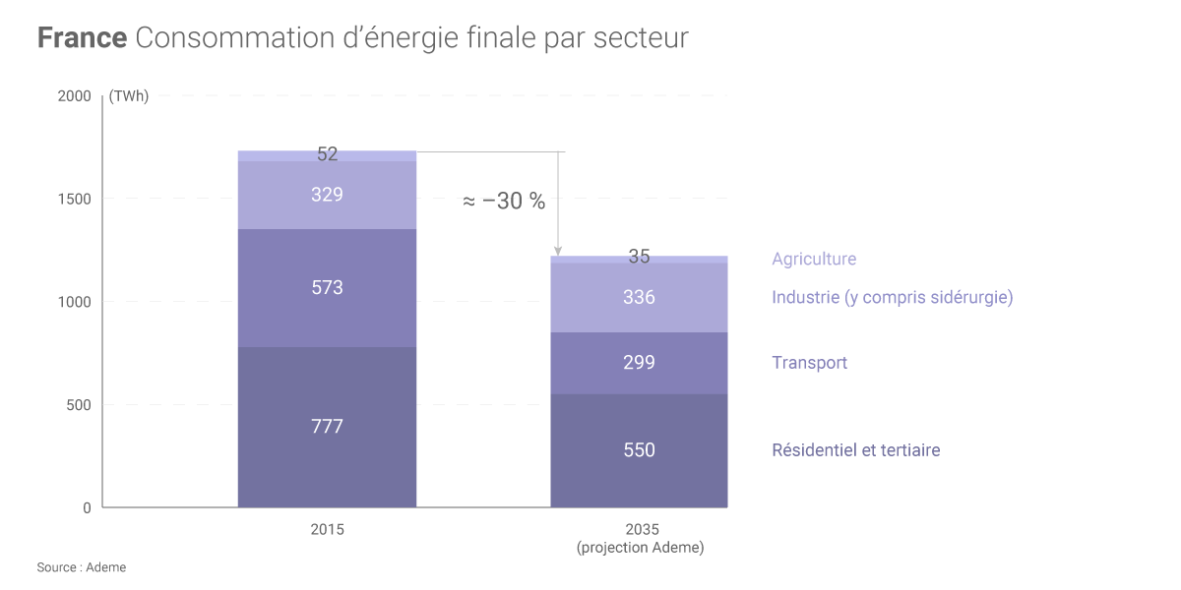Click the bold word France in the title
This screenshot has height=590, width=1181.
tap(82, 38)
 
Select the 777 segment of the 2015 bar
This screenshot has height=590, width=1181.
tap(327, 427)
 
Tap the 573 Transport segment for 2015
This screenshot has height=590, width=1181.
tap(327, 288)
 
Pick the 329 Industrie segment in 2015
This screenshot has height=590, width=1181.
tap(327, 195)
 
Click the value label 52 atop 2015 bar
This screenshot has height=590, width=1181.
tap(327, 154)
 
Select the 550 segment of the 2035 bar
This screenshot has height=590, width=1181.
tap(639, 450)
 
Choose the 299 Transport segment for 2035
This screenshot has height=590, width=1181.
tap(639, 363)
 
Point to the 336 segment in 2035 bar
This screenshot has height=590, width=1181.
tap(639, 297)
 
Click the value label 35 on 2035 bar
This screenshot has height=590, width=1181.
tap(639, 257)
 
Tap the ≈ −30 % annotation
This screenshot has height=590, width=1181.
tap(503, 202)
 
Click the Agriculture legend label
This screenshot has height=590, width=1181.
tap(814, 260)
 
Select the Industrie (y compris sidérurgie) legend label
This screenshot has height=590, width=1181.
tap(892, 297)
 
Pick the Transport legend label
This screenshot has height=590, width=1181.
tap(809, 363)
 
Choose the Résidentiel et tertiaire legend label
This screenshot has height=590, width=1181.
tap(855, 450)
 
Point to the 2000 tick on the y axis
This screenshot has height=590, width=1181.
tap(75, 96)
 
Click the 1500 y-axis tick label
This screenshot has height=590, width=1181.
tap(75, 199)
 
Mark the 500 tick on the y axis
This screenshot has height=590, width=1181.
tap(80, 405)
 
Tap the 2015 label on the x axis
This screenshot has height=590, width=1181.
tap(327, 529)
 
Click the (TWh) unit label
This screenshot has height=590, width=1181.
tap(129, 96)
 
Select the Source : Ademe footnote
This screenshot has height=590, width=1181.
tap(82, 567)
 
